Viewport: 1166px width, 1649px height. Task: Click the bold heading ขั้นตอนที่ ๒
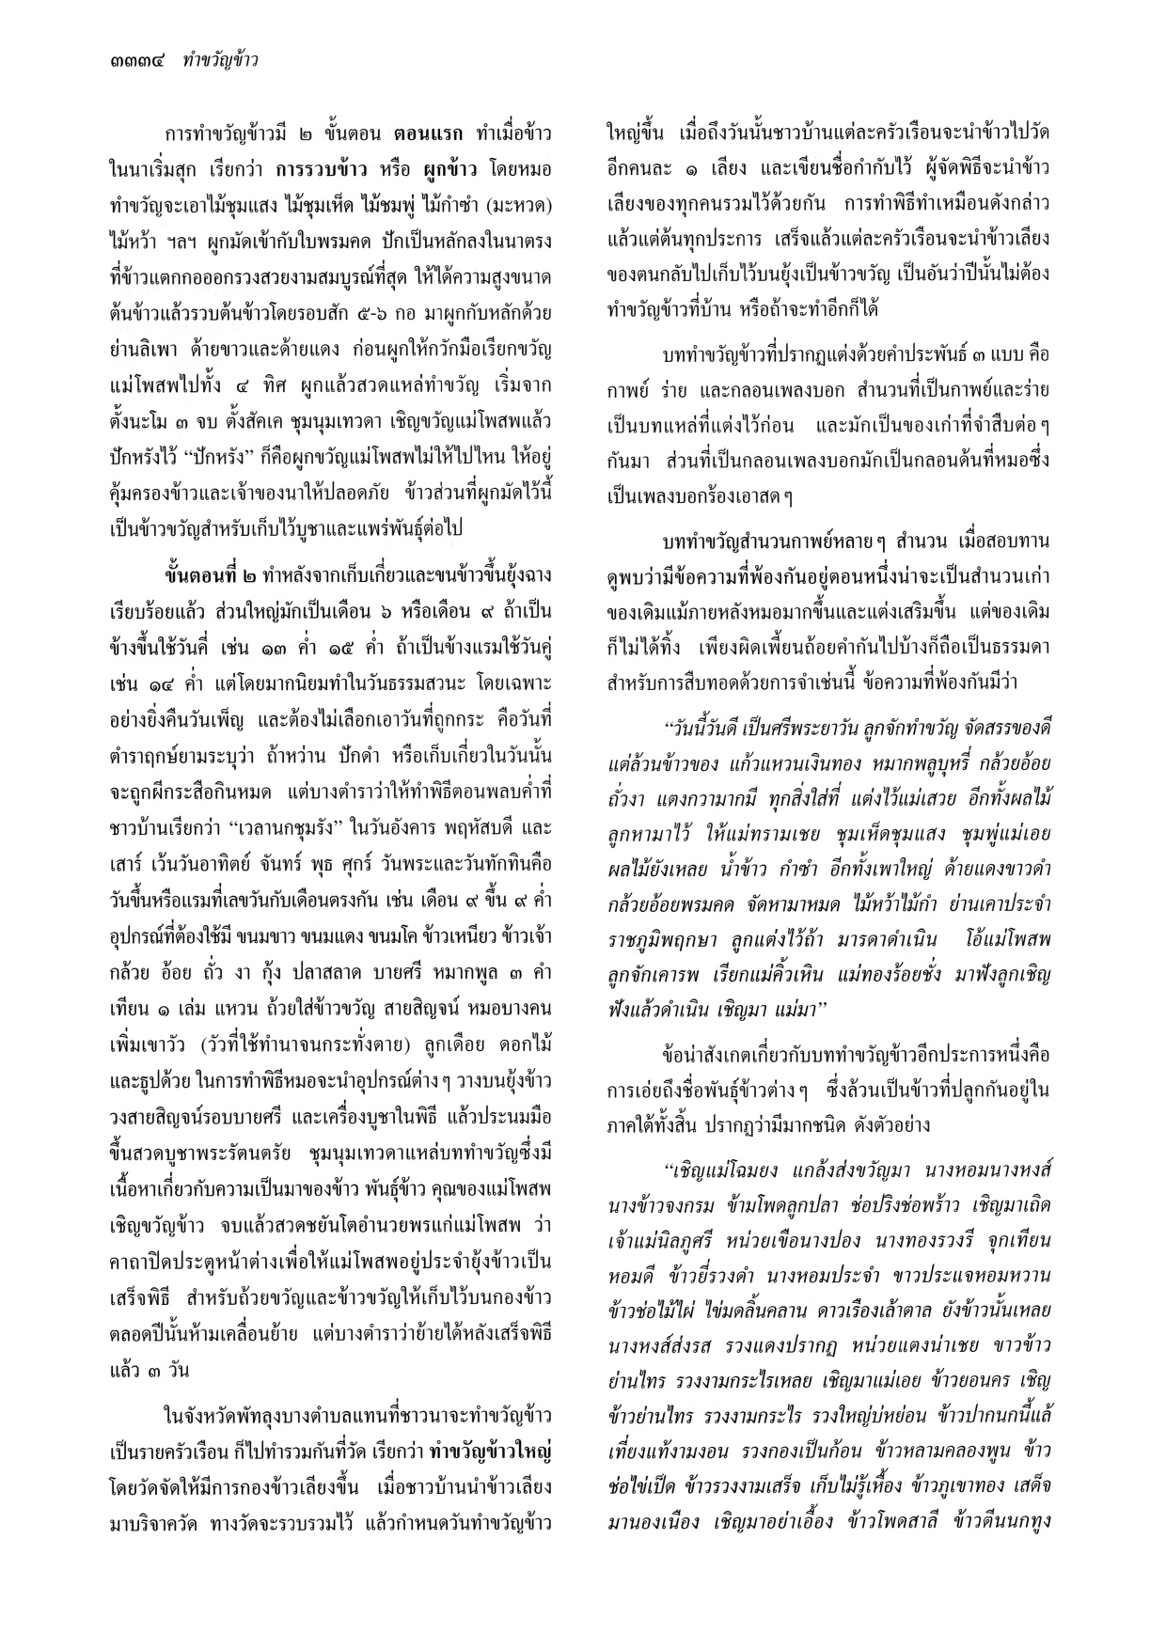(x=213, y=573)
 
